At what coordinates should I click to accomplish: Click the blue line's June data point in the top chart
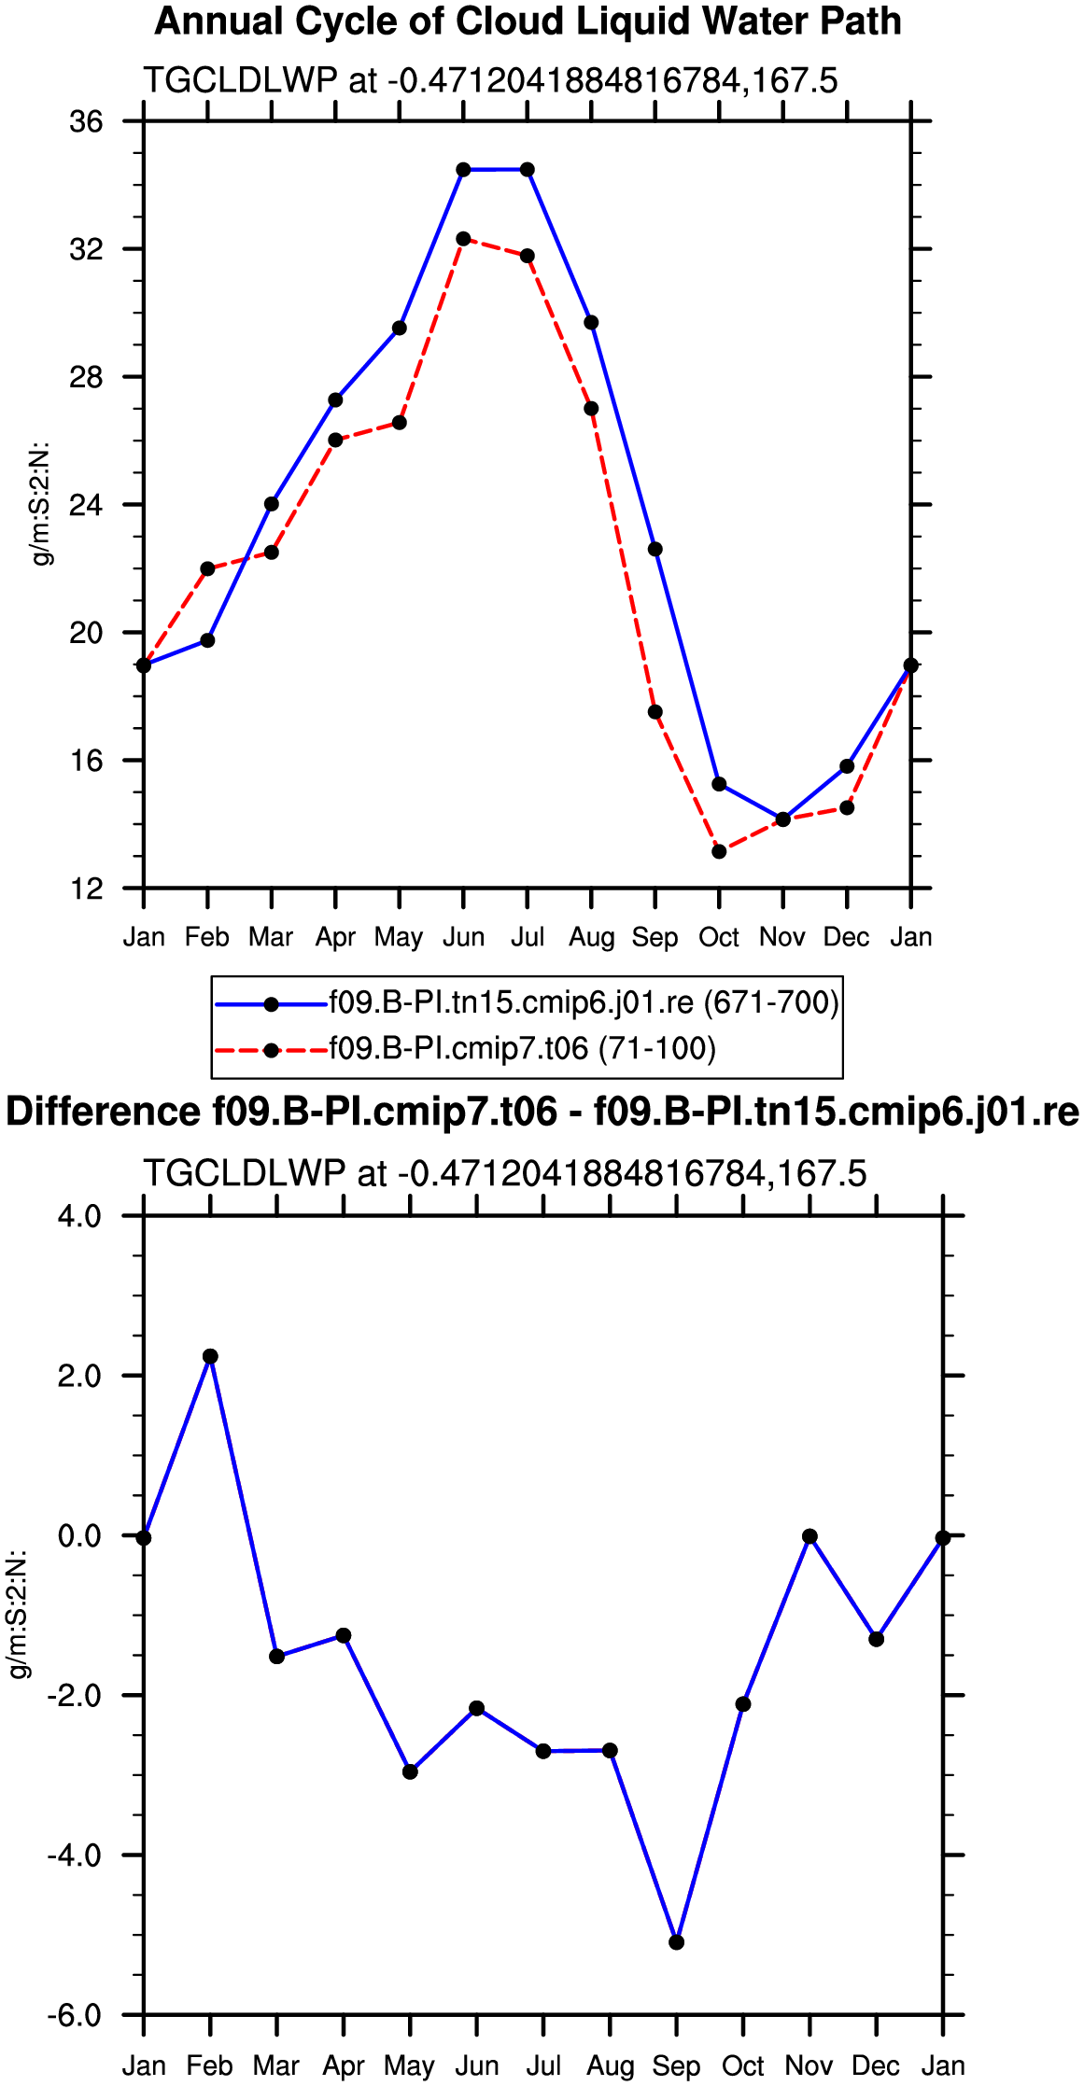[463, 170]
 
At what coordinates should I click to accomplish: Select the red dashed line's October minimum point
[719, 851]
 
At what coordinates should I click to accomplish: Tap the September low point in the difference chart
[677, 1942]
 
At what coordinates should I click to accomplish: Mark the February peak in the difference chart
[210, 1356]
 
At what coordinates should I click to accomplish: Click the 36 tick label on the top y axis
[86, 121]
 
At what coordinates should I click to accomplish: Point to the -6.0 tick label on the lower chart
[74, 2014]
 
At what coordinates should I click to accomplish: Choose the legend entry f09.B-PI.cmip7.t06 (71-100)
[523, 1049]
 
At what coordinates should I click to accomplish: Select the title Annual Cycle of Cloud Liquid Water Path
[528, 21]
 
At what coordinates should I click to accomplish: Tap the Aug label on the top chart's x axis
[592, 937]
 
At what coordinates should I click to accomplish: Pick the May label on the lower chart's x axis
[410, 2066]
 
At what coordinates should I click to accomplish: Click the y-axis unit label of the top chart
[42, 504]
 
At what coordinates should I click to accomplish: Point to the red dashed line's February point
[207, 568]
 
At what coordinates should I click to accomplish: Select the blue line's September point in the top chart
[655, 549]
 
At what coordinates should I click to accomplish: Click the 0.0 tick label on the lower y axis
[79, 1535]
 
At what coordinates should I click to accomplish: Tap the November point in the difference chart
[809, 1536]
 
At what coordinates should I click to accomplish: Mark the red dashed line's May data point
[400, 423]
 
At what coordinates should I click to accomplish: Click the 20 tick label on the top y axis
[86, 633]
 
